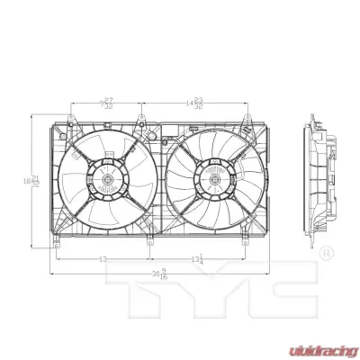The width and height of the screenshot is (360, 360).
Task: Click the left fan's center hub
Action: coord(106,180)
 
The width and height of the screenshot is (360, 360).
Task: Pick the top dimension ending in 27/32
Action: coord(106,103)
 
